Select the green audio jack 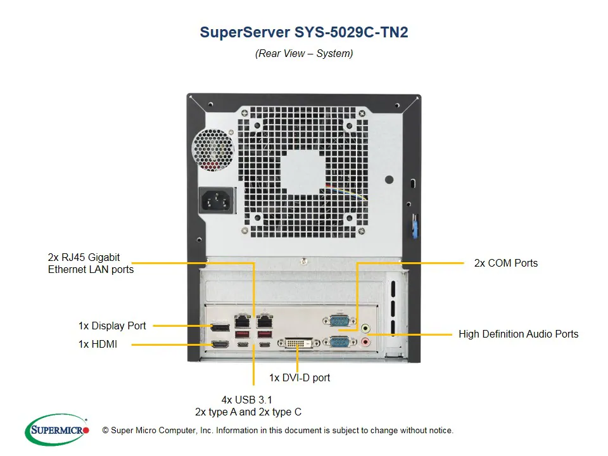pyautogui.click(x=365, y=329)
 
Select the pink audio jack pyautogui.click(x=365, y=343)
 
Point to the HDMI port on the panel pyautogui.click(x=220, y=345)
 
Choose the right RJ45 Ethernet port pyautogui.click(x=264, y=321)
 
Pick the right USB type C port pyautogui.click(x=264, y=345)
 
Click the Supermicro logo pyautogui.click(x=57, y=430)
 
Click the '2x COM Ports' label pyautogui.click(x=505, y=263)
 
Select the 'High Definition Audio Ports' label pyautogui.click(x=518, y=334)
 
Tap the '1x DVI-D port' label pyautogui.click(x=299, y=377)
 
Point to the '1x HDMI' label pyautogui.click(x=98, y=345)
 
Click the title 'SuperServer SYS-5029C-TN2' pyautogui.click(x=304, y=32)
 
